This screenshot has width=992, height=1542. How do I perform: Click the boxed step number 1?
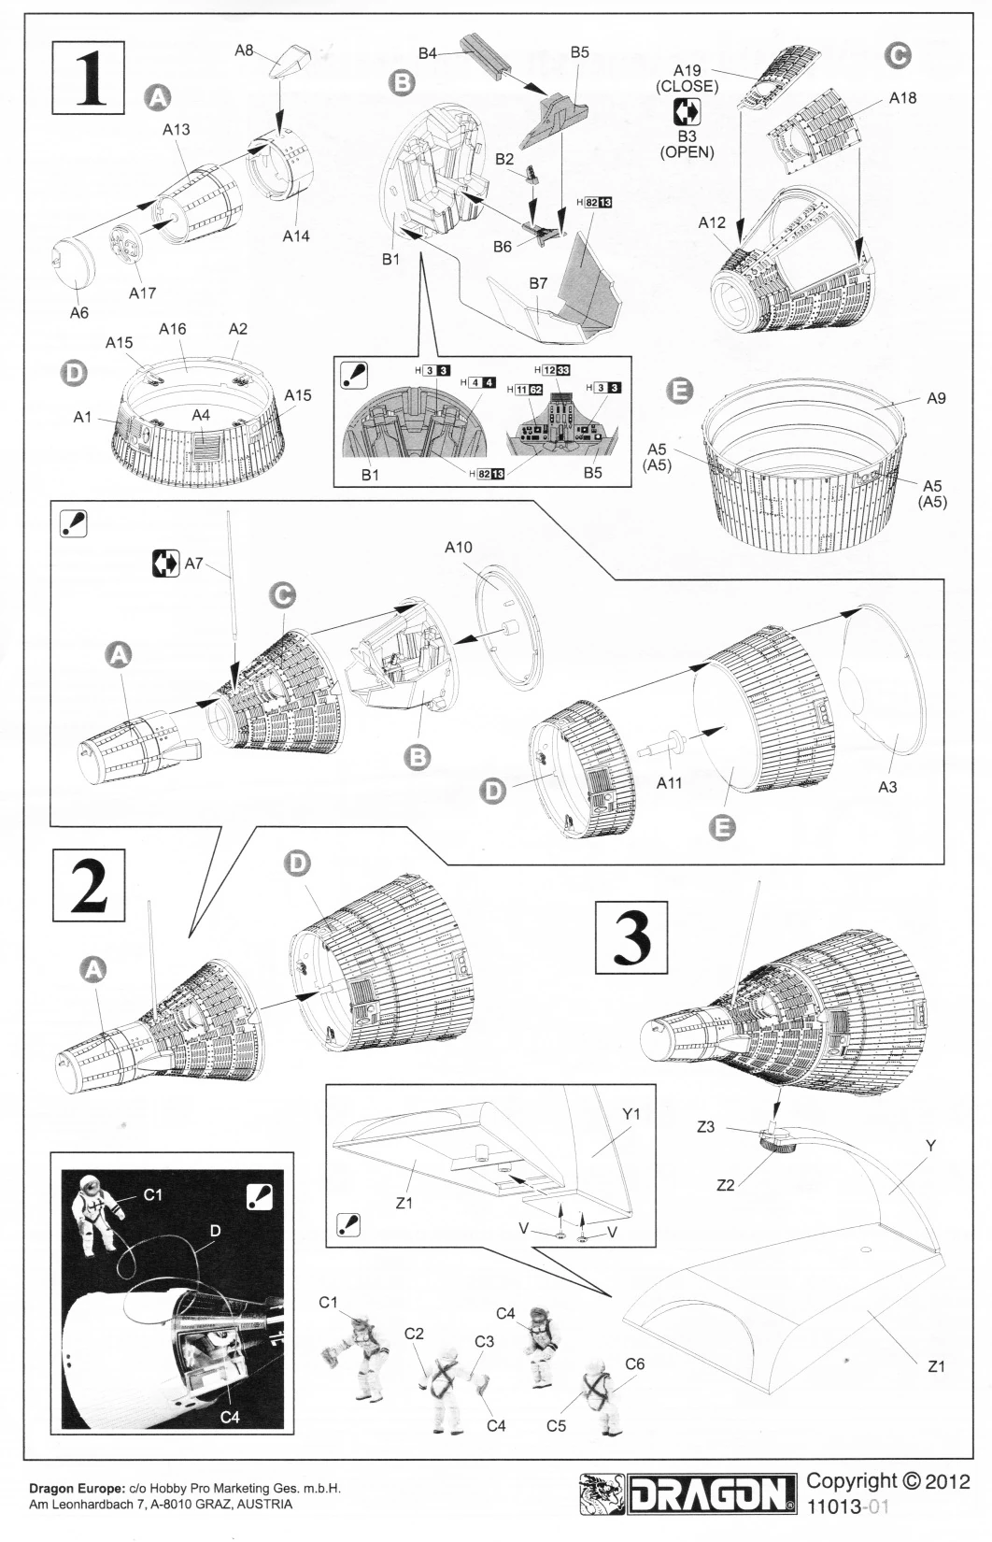(88, 77)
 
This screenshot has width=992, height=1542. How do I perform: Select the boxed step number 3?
(631, 936)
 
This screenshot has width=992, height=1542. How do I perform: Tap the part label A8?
(244, 50)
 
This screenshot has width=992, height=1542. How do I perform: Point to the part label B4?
(427, 54)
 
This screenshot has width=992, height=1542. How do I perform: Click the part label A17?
(142, 293)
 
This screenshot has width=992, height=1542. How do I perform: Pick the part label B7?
(538, 283)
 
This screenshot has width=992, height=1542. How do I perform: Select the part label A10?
(458, 548)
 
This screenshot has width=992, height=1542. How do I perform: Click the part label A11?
(670, 783)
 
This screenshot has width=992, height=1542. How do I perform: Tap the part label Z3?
(705, 1127)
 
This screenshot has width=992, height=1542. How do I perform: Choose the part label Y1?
(631, 1114)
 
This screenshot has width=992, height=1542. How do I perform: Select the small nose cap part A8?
(283, 65)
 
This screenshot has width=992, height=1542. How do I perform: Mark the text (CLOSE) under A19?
(687, 87)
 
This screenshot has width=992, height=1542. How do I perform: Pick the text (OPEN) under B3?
(687, 152)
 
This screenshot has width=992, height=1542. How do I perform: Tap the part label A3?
(887, 787)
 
